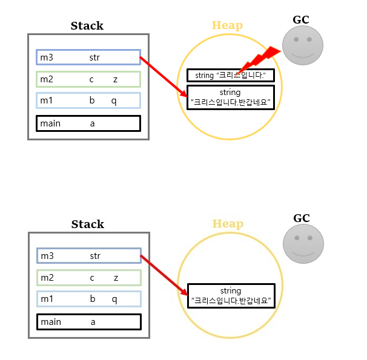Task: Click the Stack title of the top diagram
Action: coord(87,26)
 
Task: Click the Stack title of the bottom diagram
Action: coord(88,224)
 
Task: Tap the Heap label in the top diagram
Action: coord(227,26)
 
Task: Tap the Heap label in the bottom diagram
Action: coord(228,224)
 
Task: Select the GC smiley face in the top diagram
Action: coord(303,45)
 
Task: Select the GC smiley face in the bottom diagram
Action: coord(303,244)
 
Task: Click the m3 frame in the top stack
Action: coord(88,57)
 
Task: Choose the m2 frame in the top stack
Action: coord(88,79)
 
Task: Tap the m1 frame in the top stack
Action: coord(88,100)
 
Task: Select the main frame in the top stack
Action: coord(88,123)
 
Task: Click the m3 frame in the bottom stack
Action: coord(88,256)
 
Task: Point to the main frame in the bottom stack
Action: coord(88,322)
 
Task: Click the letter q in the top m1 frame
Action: coord(114,100)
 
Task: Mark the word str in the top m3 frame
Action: coord(94,57)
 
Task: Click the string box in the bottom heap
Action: coord(231,295)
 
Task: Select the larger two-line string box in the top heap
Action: coord(230,97)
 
